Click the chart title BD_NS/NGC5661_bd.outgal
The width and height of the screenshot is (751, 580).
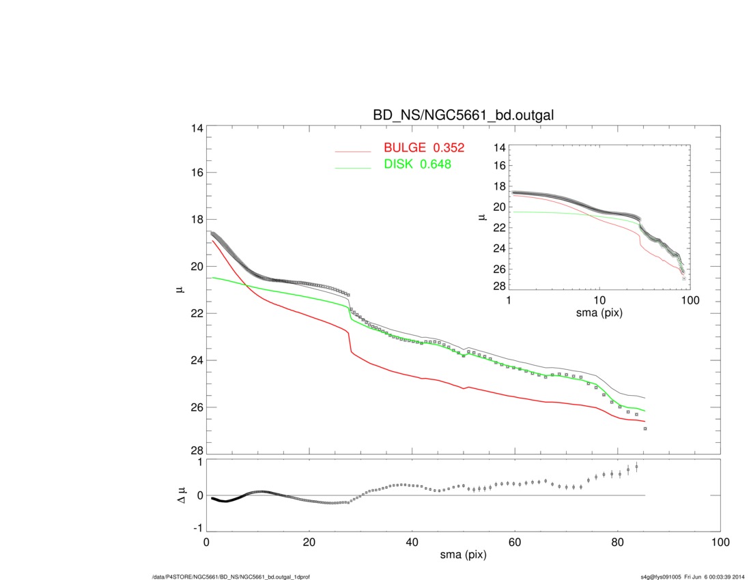pyautogui.click(x=462, y=116)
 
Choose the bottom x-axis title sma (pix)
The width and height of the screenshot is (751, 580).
pyautogui.click(x=462, y=557)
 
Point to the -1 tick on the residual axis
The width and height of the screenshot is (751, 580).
pyautogui.click(x=196, y=528)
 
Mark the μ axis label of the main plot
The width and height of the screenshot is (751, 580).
pyautogui.click(x=178, y=289)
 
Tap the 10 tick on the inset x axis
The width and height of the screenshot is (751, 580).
pyautogui.click(x=599, y=300)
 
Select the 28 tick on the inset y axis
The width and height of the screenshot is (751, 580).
pyautogui.click(x=498, y=286)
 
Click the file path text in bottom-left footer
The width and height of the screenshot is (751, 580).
pyautogui.click(x=231, y=577)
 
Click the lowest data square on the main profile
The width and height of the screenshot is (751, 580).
pyautogui.click(x=645, y=429)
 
